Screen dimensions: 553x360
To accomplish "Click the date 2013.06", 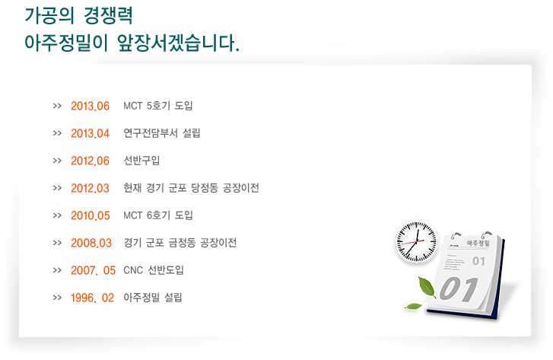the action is pyautogui.click(x=91, y=106).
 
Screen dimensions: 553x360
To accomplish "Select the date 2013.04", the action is pyautogui.click(x=91, y=133).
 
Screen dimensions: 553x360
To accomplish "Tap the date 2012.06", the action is pyautogui.click(x=91, y=161).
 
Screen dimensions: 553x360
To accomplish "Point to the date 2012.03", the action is pyautogui.click(x=91, y=188).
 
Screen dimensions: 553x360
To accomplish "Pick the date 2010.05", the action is pyautogui.click(x=91, y=215).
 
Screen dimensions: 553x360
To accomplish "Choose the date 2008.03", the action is pyautogui.click(x=91, y=244).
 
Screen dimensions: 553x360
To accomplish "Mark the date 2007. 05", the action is pyautogui.click(x=93, y=270).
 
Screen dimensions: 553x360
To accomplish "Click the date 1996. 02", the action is pyautogui.click(x=92, y=298).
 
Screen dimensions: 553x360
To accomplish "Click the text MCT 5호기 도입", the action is pyautogui.click(x=158, y=106).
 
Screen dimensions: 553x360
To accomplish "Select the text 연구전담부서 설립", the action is pyautogui.click(x=162, y=133).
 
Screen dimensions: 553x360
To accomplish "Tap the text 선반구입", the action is pyautogui.click(x=141, y=161).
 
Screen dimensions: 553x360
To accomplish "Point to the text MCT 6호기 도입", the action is pyautogui.click(x=158, y=215).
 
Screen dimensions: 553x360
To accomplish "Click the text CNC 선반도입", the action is pyautogui.click(x=154, y=270).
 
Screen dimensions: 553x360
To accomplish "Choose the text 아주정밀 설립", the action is pyautogui.click(x=153, y=298).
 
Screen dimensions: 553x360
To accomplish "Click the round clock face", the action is pyautogui.click(x=417, y=242).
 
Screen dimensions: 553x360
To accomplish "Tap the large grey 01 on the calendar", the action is pyautogui.click(x=459, y=288).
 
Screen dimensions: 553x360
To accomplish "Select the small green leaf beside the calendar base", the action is pyautogui.click(x=413, y=306).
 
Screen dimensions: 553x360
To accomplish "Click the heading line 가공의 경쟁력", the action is pyautogui.click(x=78, y=15).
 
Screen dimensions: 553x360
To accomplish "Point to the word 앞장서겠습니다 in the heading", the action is pyautogui.click(x=179, y=43).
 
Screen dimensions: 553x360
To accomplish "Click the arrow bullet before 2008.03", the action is pyautogui.click(x=57, y=243).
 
